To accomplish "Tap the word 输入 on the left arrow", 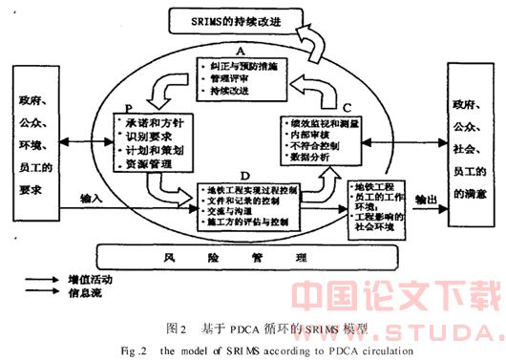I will (92, 200).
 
